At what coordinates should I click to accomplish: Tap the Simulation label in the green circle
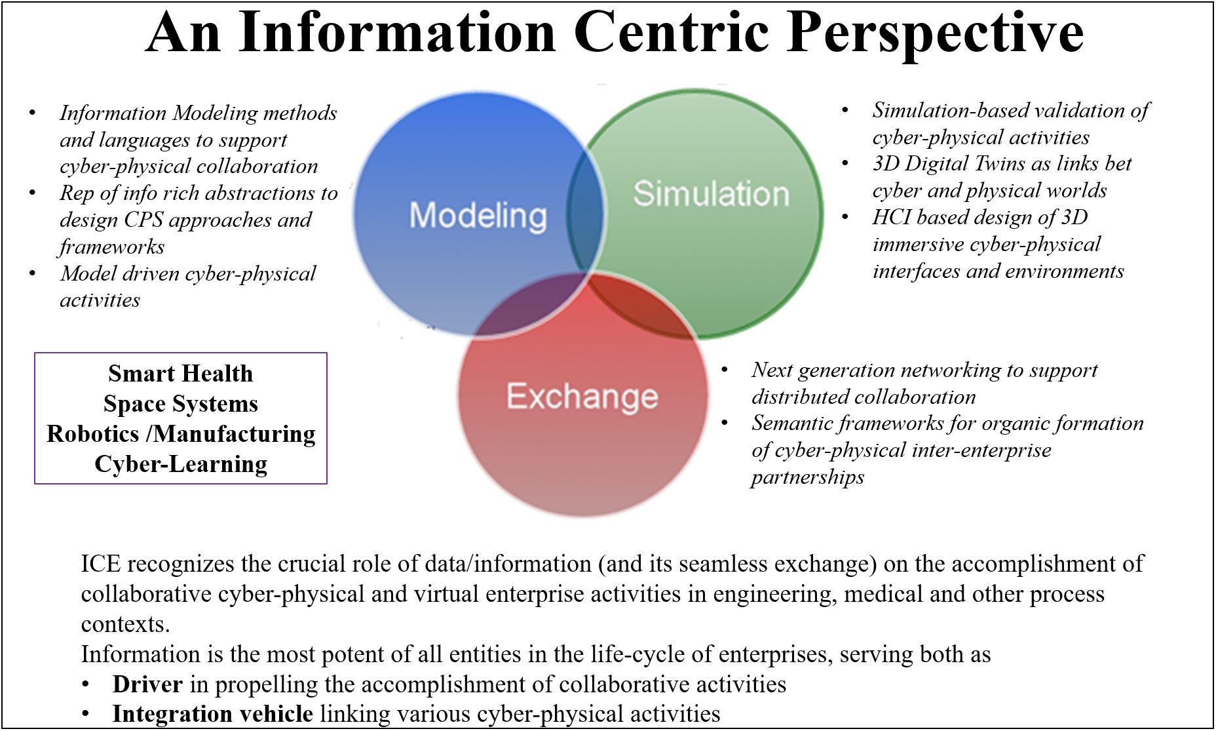[711, 193]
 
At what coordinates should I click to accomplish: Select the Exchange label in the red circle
[582, 396]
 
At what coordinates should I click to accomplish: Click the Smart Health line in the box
[180, 374]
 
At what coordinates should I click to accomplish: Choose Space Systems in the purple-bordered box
[180, 404]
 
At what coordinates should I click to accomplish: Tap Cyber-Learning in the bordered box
[181, 464]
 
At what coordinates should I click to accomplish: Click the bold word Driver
[147, 684]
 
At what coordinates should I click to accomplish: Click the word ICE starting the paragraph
[102, 564]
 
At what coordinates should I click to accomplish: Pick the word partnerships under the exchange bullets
[807, 477]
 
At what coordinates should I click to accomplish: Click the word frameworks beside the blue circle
[112, 247]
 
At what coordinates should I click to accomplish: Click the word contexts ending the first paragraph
[125, 624]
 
